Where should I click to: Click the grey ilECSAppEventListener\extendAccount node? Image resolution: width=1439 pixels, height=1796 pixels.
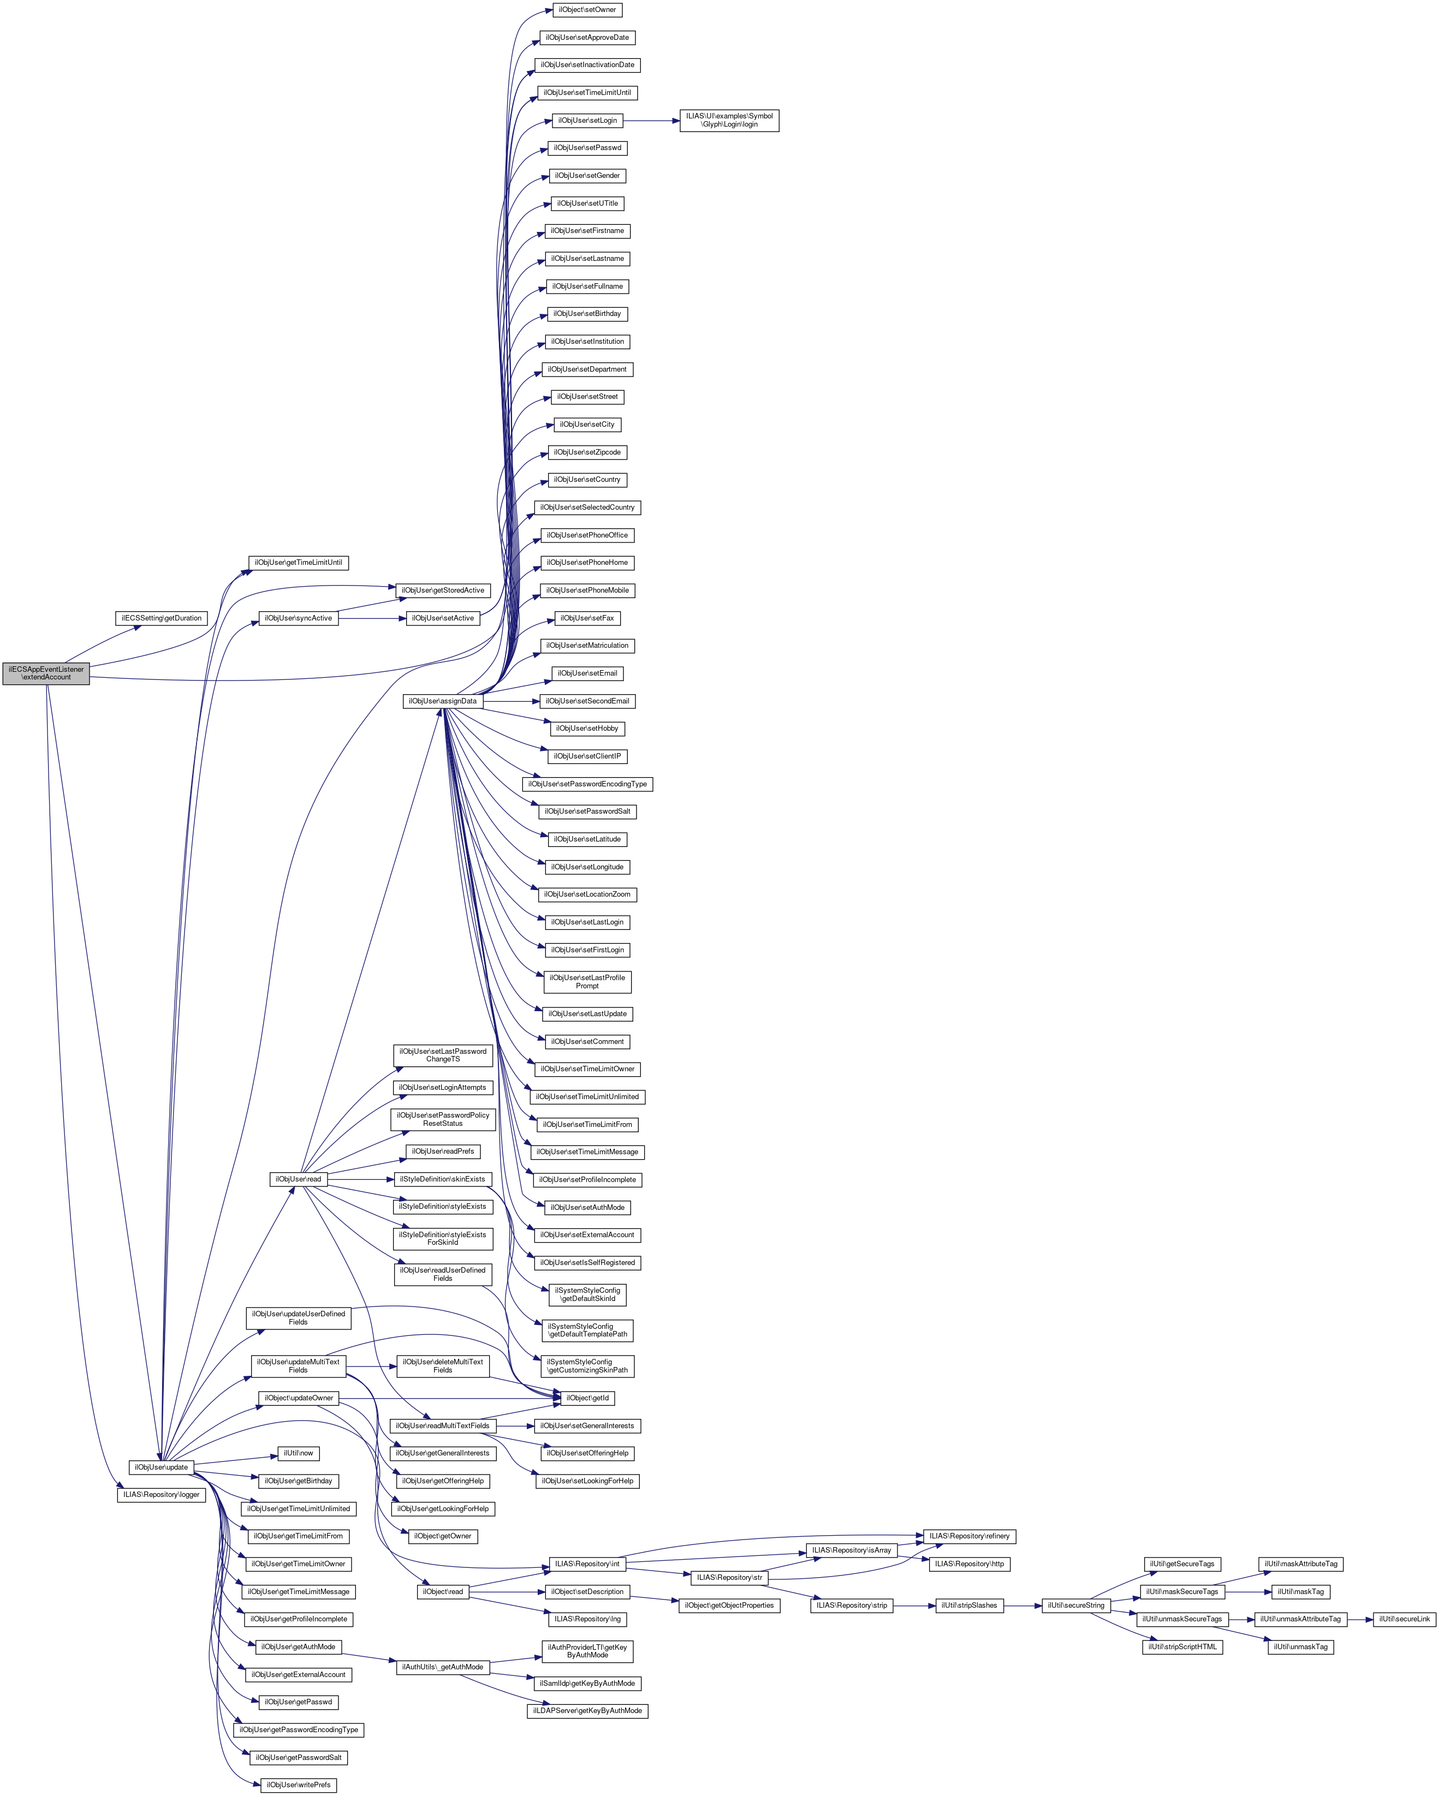pyautogui.click(x=46, y=673)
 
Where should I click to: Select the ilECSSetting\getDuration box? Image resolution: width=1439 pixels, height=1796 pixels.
pyautogui.click(x=161, y=618)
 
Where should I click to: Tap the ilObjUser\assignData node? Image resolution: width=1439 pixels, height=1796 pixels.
pyautogui.click(x=442, y=701)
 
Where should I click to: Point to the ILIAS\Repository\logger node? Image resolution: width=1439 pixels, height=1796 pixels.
pyautogui.click(x=162, y=1494)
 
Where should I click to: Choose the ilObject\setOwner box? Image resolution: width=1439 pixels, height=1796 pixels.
pyautogui.click(x=587, y=10)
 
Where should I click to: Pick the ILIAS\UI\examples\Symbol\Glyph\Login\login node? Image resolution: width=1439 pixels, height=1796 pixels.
pyautogui.click(x=729, y=120)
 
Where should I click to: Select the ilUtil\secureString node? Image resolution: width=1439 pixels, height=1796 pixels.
pyautogui.click(x=1076, y=1605)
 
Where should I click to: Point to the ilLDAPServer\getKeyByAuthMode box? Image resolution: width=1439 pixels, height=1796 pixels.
pyautogui.click(x=587, y=1711)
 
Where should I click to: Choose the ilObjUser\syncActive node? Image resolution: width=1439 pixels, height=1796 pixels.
pyautogui.click(x=298, y=618)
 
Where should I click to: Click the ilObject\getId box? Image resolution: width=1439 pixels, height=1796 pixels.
pyautogui.click(x=587, y=1398)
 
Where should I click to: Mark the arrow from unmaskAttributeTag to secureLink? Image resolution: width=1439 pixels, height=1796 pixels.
pyautogui.click(x=1360, y=1619)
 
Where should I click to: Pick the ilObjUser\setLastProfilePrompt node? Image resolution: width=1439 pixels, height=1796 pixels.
pyautogui.click(x=587, y=981)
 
